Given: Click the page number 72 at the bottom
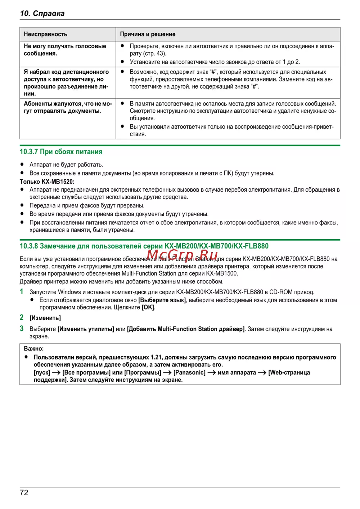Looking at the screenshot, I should coord(24,492).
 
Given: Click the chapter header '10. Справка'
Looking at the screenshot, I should coord(42,13).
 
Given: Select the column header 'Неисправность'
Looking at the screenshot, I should coord(45,34).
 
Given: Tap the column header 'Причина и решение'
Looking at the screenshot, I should coord(148,34).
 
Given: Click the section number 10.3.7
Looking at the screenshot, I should coord(29,152).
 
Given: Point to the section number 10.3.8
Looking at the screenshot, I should coord(29,246).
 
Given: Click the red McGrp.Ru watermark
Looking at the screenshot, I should coord(182,255).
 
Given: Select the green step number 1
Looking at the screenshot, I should coord(22,292).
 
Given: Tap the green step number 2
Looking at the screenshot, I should coord(22,317).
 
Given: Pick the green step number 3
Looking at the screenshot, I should coord(22,329).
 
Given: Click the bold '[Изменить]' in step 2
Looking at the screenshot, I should coord(45,318).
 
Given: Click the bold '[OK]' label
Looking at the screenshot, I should coord(148,307).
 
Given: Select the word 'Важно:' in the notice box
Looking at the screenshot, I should coord(34,349).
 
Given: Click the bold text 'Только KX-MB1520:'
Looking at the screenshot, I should coord(47,182).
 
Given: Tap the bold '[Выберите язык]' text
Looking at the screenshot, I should coord(162,300).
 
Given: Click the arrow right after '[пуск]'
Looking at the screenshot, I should coord(56,372).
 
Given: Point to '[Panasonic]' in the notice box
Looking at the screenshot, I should coord(189,372).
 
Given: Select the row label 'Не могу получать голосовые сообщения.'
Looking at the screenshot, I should coord(65,50).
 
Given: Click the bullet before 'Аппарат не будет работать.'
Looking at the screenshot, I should coord(22,165).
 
